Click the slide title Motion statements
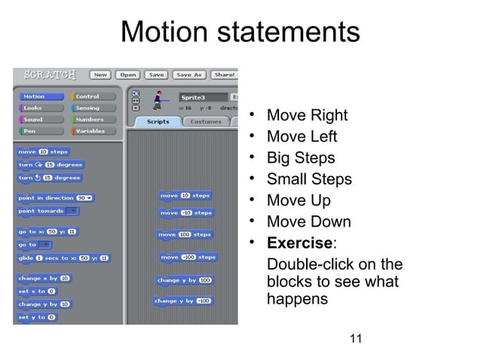[240, 32]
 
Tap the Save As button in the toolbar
[188, 75]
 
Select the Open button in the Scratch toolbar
[127, 75]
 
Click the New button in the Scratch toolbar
[100, 75]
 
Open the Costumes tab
[205, 121]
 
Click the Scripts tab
[158, 121]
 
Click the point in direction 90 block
[56, 197]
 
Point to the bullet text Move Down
[309, 222]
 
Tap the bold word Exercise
[300, 243]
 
